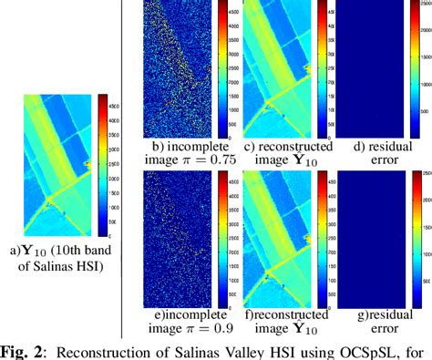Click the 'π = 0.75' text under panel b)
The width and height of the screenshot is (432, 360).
[x=194, y=159]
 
